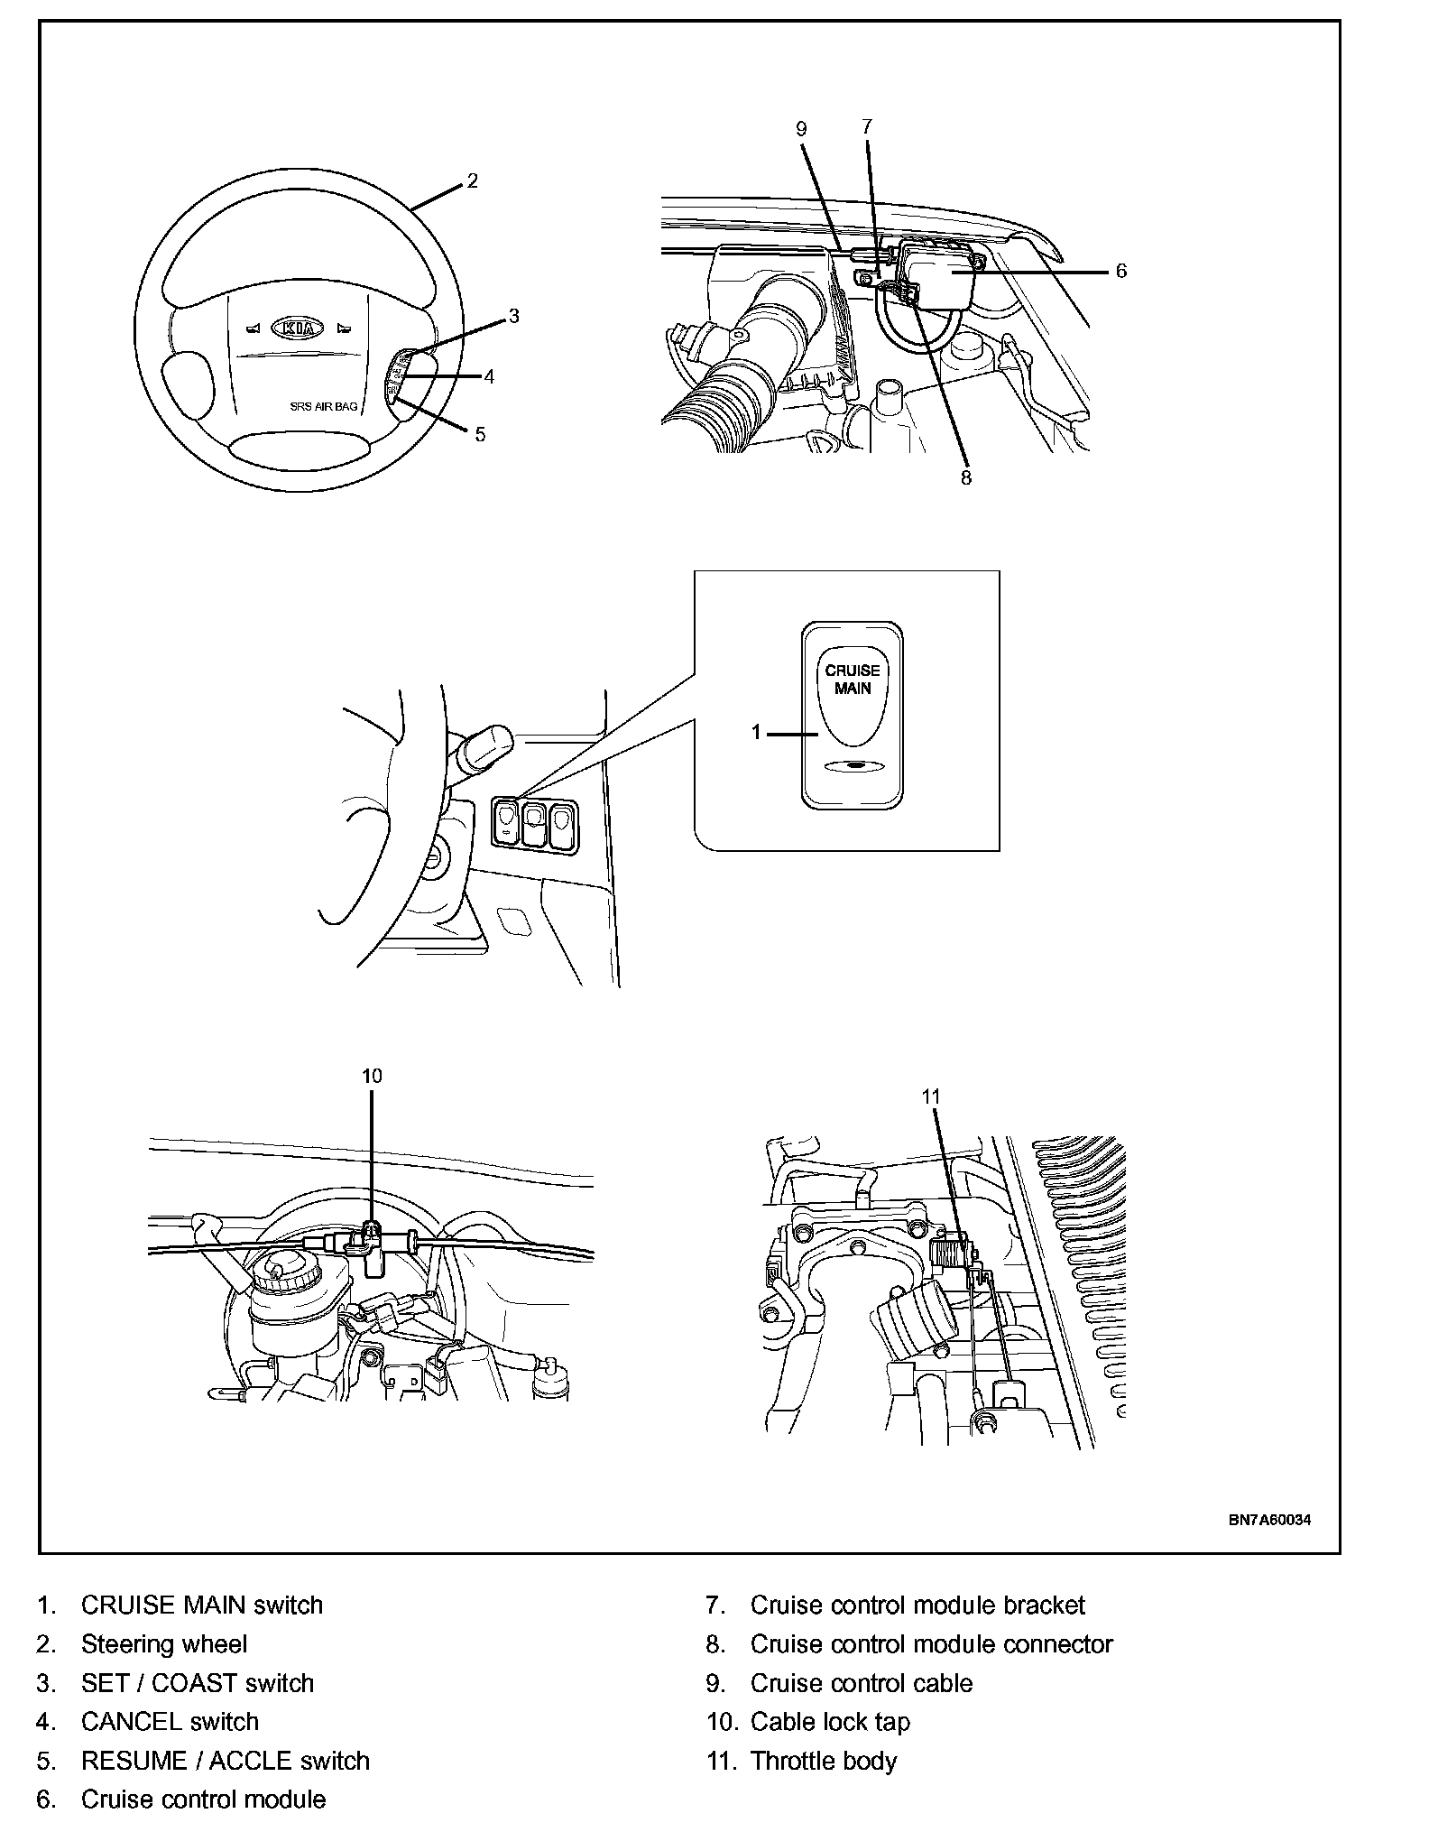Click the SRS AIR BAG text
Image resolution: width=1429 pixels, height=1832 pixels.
(x=323, y=407)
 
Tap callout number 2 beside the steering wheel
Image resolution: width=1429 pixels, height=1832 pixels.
(x=472, y=181)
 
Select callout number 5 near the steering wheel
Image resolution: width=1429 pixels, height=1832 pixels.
(x=480, y=435)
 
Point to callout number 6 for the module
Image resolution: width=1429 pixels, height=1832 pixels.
(x=1120, y=271)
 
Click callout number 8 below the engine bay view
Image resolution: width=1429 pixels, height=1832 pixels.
(x=965, y=478)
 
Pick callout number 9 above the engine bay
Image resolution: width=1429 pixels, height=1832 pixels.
(x=801, y=129)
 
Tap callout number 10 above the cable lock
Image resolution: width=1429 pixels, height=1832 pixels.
(x=372, y=1076)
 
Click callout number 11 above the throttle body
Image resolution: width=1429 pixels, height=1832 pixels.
(x=931, y=1096)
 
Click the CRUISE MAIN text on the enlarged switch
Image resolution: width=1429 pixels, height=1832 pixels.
(x=853, y=679)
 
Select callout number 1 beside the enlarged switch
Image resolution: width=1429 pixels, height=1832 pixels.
(x=758, y=733)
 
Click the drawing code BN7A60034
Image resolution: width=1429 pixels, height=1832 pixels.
(x=1269, y=1520)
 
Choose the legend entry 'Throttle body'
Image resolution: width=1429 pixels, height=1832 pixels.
(x=824, y=1761)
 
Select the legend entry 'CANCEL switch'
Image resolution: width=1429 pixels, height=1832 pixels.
(x=170, y=1722)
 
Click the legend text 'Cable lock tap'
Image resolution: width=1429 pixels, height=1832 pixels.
(x=830, y=1722)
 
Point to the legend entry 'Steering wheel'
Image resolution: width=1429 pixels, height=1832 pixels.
(x=164, y=1644)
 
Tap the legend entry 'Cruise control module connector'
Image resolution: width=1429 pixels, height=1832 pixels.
(x=931, y=1644)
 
